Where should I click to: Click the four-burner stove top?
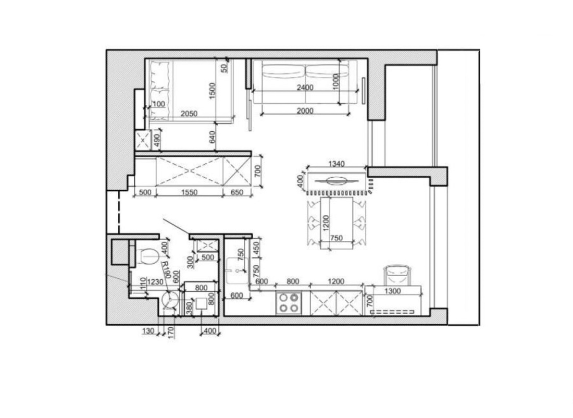tap(289, 303)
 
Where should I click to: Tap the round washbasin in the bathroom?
tap(170, 300)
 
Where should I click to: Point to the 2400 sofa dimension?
tap(305, 88)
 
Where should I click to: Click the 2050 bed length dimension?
tap(189, 114)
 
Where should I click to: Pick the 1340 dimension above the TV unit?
tap(336, 164)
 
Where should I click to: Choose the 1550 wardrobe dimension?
tap(189, 192)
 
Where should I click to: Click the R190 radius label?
tap(166, 270)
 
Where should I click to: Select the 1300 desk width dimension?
tap(393, 291)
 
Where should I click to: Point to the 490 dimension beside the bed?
tap(157, 140)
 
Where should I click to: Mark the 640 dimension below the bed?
tap(213, 137)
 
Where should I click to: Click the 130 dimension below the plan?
tap(148, 331)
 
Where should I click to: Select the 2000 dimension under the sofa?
tap(305, 111)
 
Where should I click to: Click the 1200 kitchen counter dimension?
tap(336, 281)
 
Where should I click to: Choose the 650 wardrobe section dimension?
tap(237, 192)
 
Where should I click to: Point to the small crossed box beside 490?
tap(143, 140)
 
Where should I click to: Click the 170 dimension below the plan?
tap(171, 333)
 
